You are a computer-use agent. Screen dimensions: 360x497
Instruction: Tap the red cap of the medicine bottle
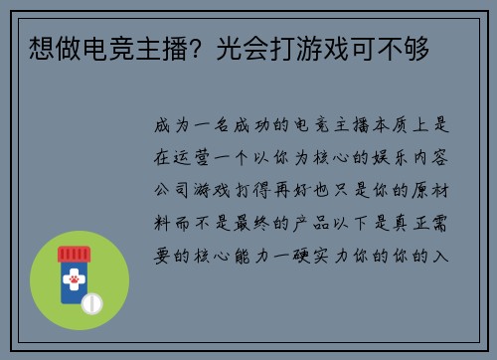pos(75,254)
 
